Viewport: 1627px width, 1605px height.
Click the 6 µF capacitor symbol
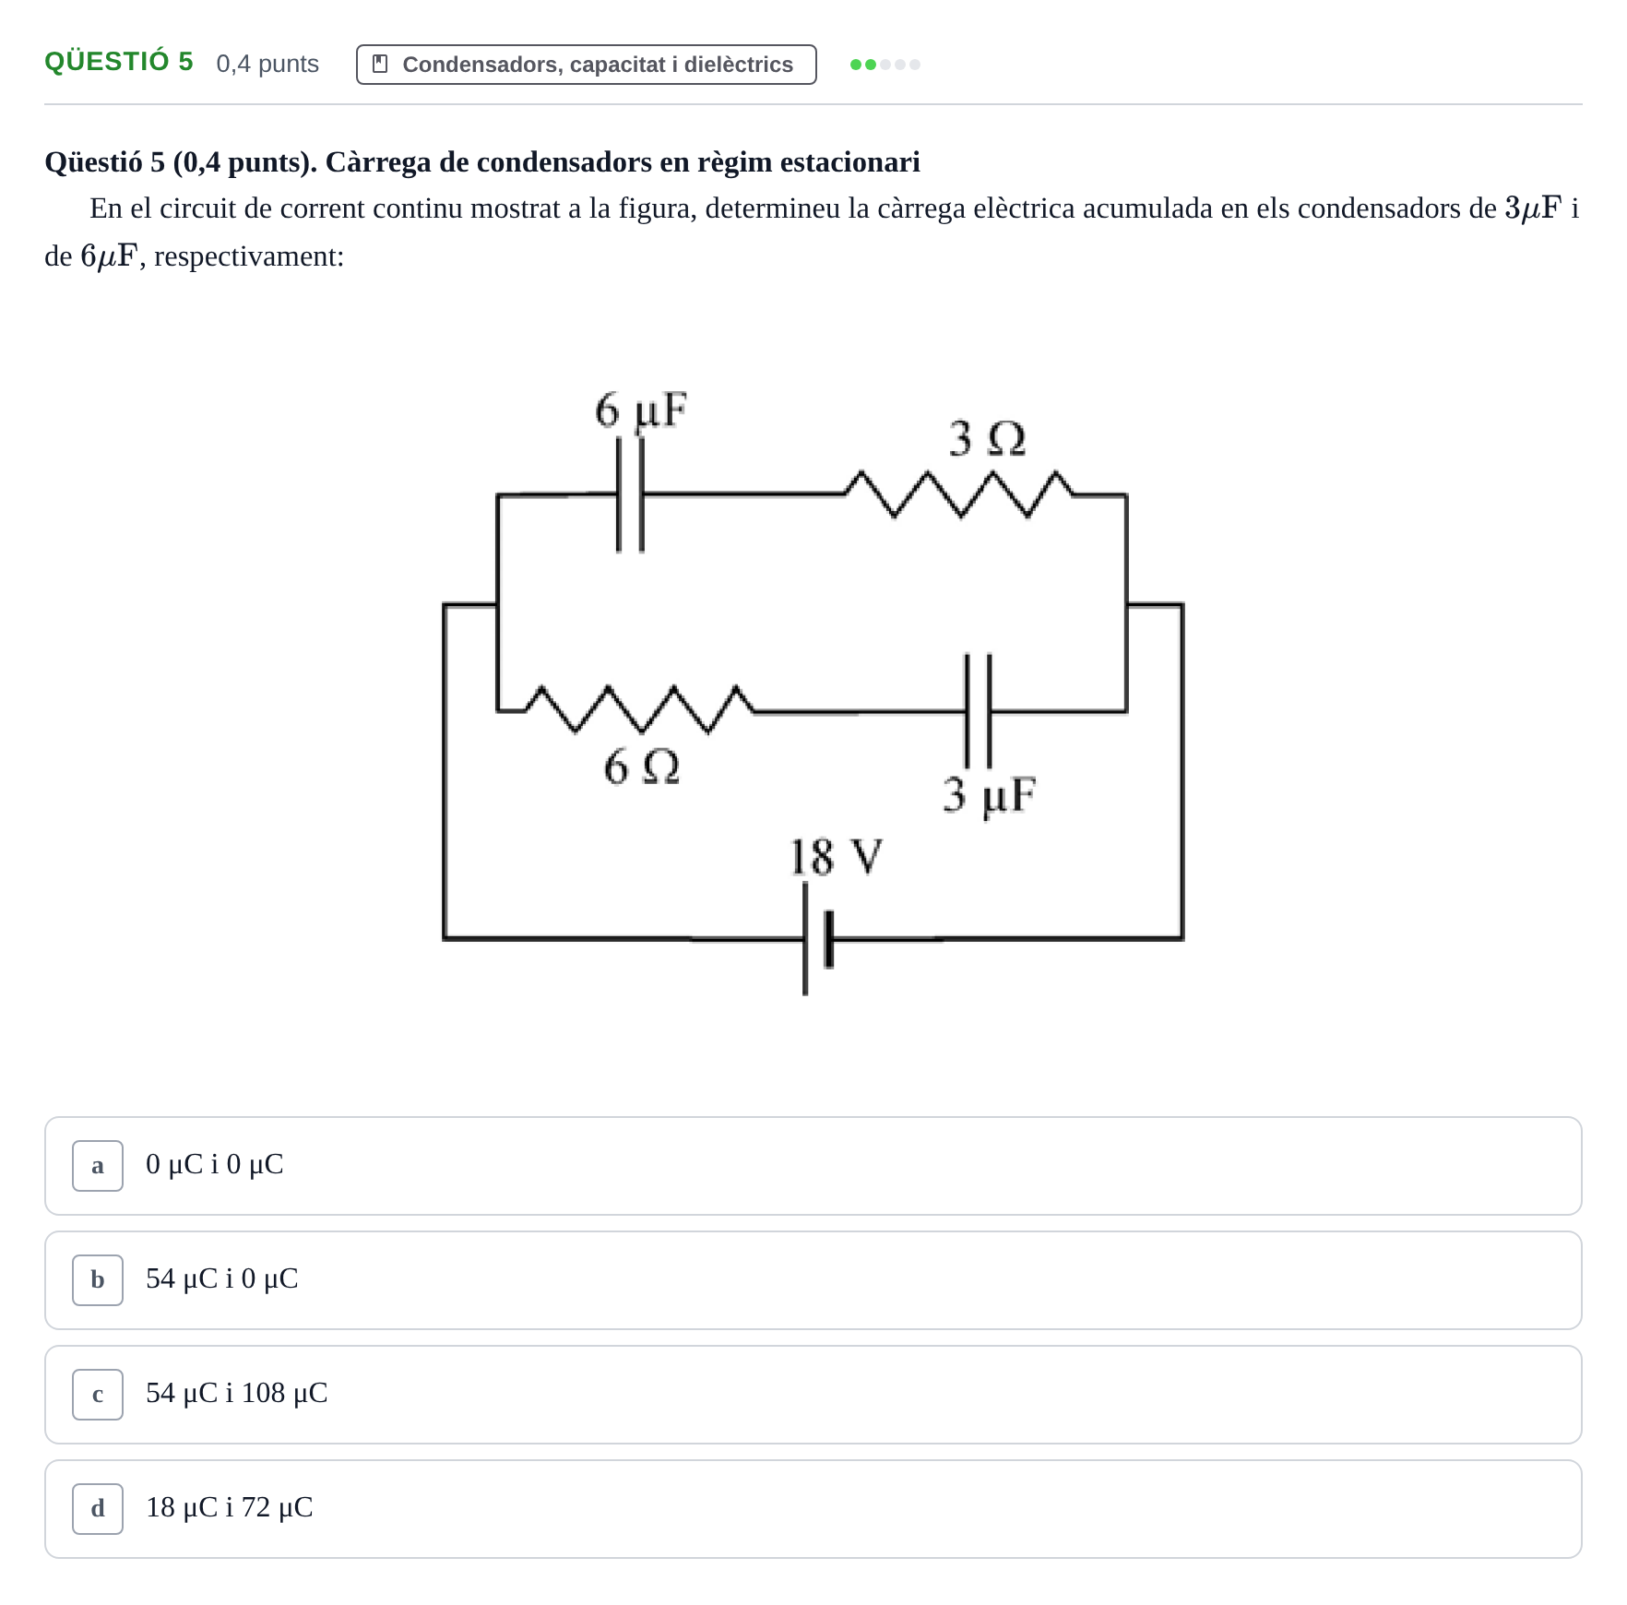[630, 494]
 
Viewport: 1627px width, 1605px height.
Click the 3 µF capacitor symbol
[978, 711]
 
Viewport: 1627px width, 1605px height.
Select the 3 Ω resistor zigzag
[959, 494]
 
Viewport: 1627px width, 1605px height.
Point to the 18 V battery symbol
[818, 938]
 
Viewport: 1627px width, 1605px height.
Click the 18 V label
[836, 857]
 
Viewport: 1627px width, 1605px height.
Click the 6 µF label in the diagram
[641, 410]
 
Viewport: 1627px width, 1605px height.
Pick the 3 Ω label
[987, 438]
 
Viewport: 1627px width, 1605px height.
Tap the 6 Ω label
[642, 767]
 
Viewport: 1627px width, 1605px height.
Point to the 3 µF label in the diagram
[989, 795]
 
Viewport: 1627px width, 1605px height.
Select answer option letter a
[98, 1166]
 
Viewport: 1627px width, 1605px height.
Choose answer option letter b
[98, 1280]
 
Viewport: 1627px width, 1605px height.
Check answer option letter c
[98, 1395]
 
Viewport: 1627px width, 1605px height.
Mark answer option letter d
[98, 1509]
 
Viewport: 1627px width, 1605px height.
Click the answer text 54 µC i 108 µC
[237, 1393]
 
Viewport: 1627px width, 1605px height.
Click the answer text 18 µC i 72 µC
[230, 1507]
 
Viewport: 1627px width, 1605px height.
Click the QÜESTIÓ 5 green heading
[119, 62]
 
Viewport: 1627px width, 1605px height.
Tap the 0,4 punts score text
[267, 64]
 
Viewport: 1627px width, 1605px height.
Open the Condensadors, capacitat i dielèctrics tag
[587, 65]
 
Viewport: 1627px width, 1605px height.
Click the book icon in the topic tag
[380, 64]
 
